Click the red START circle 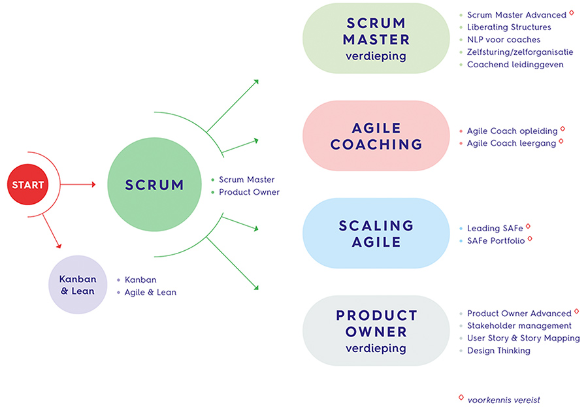click(28, 185)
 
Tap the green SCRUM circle click(154, 185)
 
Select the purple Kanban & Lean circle click(78, 285)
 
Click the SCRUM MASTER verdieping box click(376, 39)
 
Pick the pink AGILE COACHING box click(376, 136)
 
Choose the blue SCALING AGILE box click(376, 233)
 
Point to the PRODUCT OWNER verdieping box click(376, 331)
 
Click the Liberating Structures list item click(509, 27)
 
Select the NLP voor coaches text click(504, 40)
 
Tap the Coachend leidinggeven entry click(515, 65)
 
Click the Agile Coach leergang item click(512, 143)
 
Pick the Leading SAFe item click(495, 228)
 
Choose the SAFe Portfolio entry click(496, 240)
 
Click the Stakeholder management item click(519, 325)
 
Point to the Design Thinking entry click(498, 350)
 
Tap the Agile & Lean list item click(150, 292)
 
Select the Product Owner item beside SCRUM click(249, 192)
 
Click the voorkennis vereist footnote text click(503, 400)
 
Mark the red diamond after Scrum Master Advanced click(572, 12)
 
